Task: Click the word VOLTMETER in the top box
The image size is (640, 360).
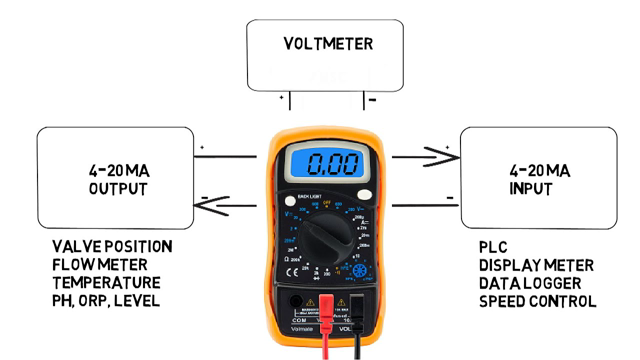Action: [x=327, y=44]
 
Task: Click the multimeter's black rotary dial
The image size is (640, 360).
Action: [x=326, y=237]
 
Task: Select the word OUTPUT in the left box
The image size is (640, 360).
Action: [x=118, y=189]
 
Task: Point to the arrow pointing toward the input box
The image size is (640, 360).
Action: [x=420, y=156]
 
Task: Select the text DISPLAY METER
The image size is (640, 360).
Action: [x=536, y=265]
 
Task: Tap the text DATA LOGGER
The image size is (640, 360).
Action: [x=530, y=283]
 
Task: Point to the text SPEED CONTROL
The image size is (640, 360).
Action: [x=537, y=301]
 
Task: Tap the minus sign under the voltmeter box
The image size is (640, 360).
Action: [x=371, y=100]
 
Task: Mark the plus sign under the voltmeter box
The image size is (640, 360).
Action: [x=282, y=99]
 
